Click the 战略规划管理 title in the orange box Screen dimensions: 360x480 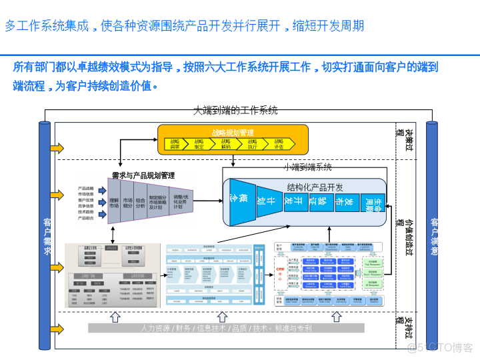[233, 132]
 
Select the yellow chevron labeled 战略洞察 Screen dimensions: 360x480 [174, 144]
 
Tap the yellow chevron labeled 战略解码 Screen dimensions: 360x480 [226, 144]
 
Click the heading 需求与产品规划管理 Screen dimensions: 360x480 [141, 175]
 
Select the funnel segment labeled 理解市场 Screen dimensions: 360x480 [114, 203]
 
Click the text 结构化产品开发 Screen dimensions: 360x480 [315, 187]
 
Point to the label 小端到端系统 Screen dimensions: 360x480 [307, 167]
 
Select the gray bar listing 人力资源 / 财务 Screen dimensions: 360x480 [226, 328]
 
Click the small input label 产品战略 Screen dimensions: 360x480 [85, 189]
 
